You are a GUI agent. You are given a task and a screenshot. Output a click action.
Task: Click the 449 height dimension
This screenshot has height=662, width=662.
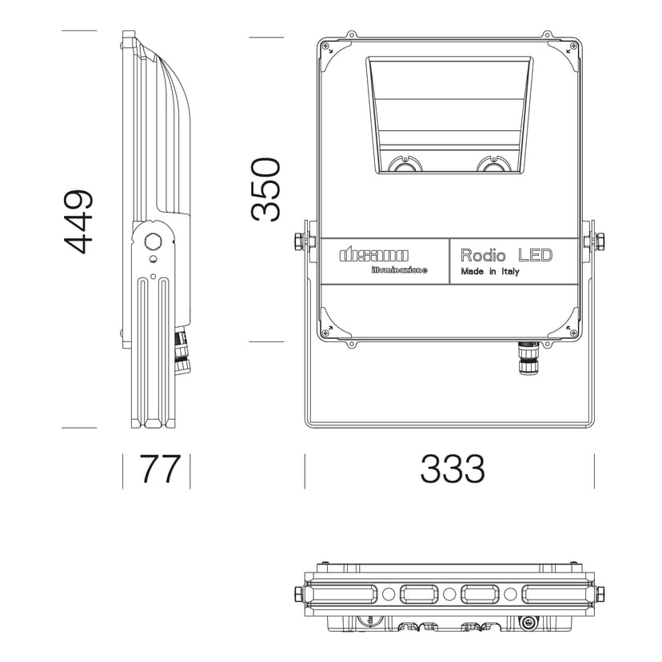[78, 222]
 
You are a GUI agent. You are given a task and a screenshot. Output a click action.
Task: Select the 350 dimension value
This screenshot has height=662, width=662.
[265, 189]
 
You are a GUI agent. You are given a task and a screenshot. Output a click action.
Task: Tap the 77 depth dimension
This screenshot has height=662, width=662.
[160, 469]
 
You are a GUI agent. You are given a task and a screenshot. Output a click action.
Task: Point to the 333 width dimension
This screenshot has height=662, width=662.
[453, 469]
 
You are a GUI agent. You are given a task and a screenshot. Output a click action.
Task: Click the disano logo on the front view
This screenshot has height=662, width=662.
[374, 255]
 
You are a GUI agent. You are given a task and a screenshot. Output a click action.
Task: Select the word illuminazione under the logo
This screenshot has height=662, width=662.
[400, 269]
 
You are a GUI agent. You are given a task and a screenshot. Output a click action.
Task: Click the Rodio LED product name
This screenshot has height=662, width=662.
[506, 255]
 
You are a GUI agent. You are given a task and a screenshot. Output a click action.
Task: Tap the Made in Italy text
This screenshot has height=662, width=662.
[490, 272]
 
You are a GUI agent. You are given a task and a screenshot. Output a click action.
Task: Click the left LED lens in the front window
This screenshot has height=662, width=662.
[405, 165]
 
